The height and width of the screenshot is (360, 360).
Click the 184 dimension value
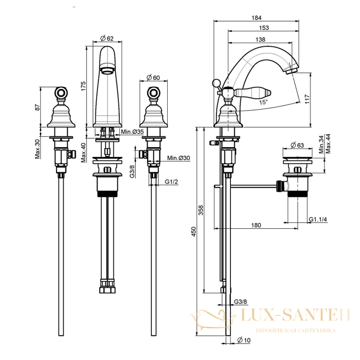pos(257,17)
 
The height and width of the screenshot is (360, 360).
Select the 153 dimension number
pos(264,28)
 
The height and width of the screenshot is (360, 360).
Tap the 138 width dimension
pos(260,40)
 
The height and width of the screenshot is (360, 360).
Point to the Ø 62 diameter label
pos(107,39)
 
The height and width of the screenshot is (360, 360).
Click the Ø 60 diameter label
pos(153,78)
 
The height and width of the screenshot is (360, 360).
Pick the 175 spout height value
pos(83,86)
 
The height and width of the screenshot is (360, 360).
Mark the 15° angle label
pos(263,102)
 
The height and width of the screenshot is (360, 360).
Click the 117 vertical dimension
pos(308,99)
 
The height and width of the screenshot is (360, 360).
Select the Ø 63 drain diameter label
pos(297,145)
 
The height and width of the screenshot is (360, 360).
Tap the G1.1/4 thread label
pos(318,219)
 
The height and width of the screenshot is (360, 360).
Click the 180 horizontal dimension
pos(256,225)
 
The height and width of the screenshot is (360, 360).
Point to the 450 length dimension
pos(194,231)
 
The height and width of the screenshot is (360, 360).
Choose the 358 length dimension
pos(201,210)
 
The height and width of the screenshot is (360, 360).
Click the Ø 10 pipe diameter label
pos(244,340)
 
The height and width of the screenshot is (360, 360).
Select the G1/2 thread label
pos(171,182)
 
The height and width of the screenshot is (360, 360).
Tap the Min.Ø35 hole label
pos(132,132)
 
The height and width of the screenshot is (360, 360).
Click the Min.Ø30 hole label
pos(178,158)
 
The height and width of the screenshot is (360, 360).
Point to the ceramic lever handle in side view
pos(252,93)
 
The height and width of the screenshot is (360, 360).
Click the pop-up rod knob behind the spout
pos(216,83)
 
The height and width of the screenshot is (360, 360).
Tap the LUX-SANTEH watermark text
pos(296,315)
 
